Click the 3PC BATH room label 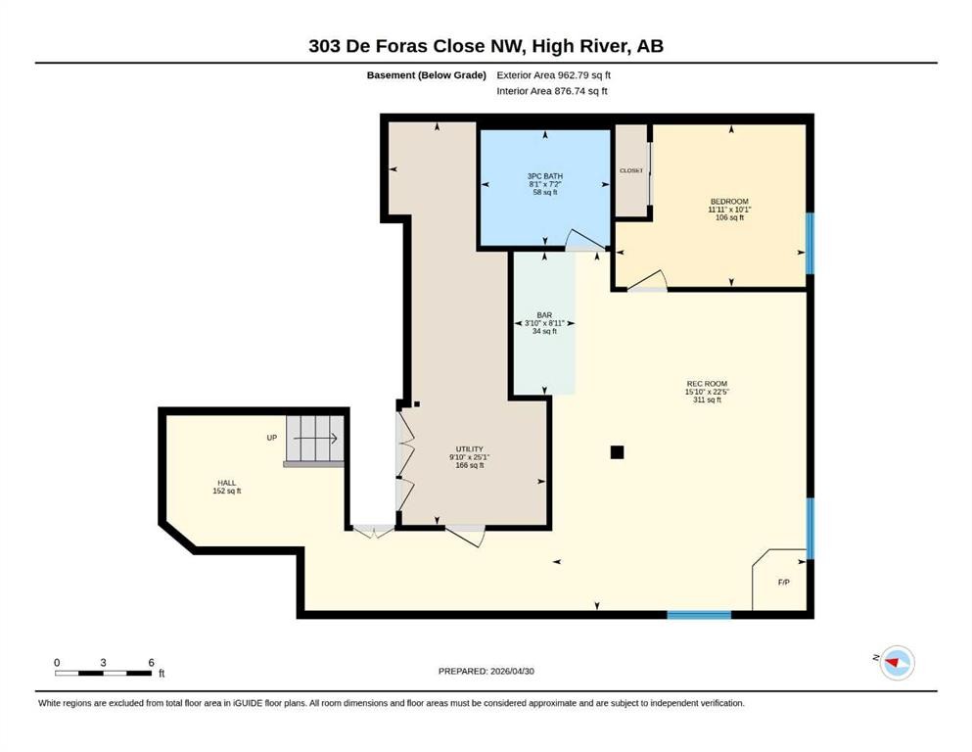(545, 176)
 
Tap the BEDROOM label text (729, 202)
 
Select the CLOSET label (631, 170)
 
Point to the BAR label (544, 315)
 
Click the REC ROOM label (707, 384)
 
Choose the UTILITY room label (469, 448)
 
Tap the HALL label (226, 483)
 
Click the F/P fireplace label (783, 583)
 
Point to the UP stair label (271, 438)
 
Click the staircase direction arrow (315, 439)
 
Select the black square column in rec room (617, 452)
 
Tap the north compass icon (897, 663)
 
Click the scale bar (104, 674)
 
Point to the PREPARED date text (486, 671)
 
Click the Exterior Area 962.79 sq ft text (554, 75)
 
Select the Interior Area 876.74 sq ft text (552, 91)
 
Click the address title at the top (486, 46)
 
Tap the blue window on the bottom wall (699, 615)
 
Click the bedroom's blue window (810, 244)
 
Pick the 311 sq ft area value (707, 399)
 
